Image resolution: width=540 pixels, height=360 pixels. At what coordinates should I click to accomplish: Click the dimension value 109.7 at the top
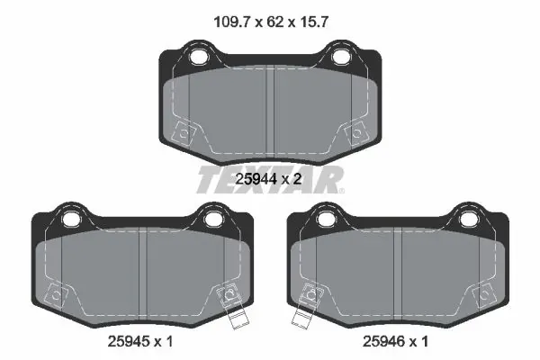232,22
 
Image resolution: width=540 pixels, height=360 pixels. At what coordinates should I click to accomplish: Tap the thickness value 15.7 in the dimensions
314,22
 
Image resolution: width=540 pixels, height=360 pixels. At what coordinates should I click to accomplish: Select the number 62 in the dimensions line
274,22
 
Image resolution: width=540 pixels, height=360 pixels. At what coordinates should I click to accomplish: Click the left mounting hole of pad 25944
199,57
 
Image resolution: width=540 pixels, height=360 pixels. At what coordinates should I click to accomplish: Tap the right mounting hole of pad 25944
340,57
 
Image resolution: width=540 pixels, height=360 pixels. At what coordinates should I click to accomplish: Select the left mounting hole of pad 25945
71,219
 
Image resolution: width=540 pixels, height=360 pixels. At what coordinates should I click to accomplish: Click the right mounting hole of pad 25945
212,219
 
